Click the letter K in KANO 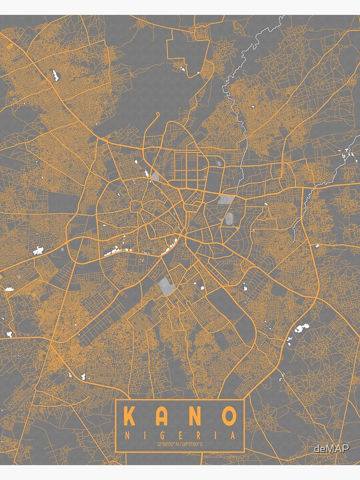tap(129, 416)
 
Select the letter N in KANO tap(194, 416)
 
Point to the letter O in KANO tap(228, 416)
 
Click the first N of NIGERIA tap(126, 436)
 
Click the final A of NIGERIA tap(233, 436)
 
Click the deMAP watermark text tap(331, 448)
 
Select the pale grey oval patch tap(229, 219)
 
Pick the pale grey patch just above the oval tap(226, 199)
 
